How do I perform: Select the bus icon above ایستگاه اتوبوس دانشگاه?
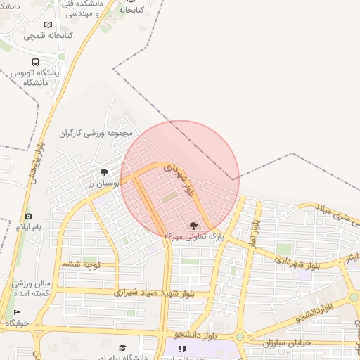pos(14,72)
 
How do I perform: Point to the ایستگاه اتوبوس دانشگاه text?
pos(39,77)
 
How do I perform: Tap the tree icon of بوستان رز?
pos(104,172)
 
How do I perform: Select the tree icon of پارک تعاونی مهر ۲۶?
pos(193,226)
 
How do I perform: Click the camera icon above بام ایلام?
pos(28,217)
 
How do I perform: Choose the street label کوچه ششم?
pos(82,264)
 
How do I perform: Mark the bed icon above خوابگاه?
pos(17,312)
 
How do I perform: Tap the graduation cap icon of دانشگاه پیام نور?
pos(123,347)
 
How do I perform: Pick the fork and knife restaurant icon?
pos(182,348)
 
